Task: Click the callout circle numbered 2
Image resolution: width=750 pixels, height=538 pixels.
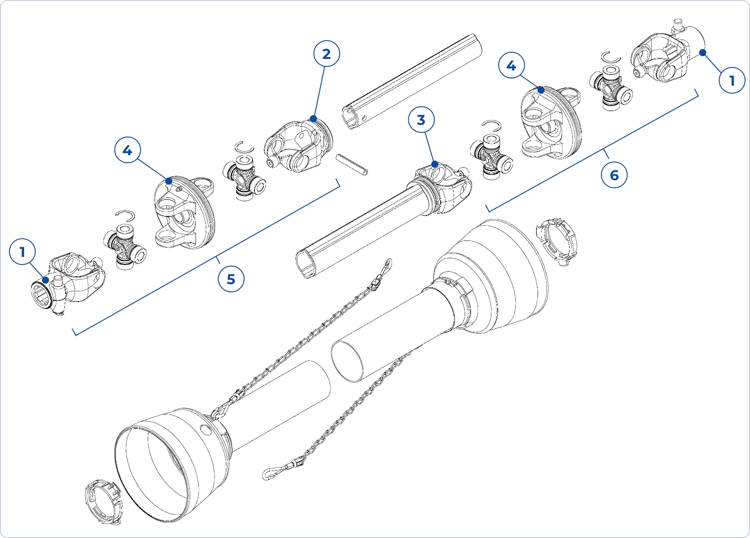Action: pos(326,54)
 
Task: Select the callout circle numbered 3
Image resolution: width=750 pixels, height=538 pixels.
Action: pos(421,120)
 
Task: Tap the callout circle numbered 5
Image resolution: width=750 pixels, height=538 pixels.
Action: pos(231,279)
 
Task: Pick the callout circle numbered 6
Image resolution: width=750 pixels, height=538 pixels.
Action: pos(614,175)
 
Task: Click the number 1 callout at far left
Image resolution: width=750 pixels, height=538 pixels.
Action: pos(22,252)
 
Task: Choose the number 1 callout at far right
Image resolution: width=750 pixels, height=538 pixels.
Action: pos(732,81)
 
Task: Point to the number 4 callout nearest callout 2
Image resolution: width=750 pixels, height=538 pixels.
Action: pos(127,151)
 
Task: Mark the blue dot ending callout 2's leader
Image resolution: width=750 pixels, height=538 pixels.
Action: pos(313,119)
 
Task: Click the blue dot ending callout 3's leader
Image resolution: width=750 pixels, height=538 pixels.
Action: pos(434,164)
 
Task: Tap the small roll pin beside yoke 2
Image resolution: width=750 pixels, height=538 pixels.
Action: pos(352,165)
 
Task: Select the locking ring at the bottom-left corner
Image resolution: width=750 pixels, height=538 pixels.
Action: pos(103,502)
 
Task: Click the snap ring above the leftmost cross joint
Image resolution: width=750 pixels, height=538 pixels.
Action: pos(125,216)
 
